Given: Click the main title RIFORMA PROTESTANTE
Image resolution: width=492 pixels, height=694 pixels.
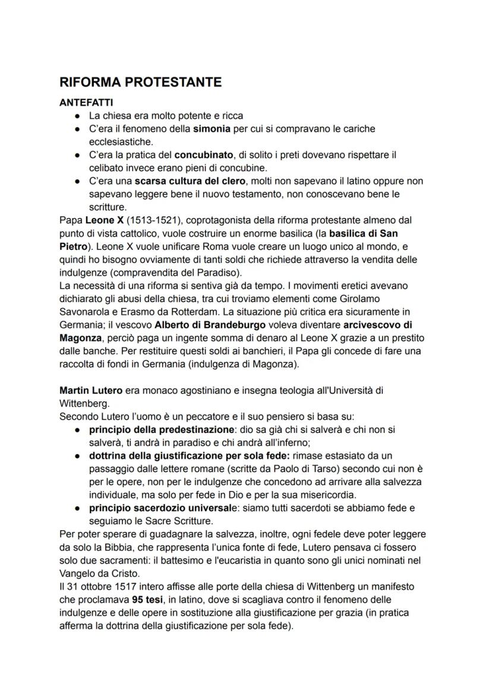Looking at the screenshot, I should (140, 82).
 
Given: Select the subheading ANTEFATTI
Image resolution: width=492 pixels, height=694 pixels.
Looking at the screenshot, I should (86, 103).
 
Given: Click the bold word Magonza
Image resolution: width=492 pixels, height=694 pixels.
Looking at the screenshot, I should (80, 338).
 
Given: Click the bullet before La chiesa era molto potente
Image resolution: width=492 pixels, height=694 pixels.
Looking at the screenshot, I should (77, 116).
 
